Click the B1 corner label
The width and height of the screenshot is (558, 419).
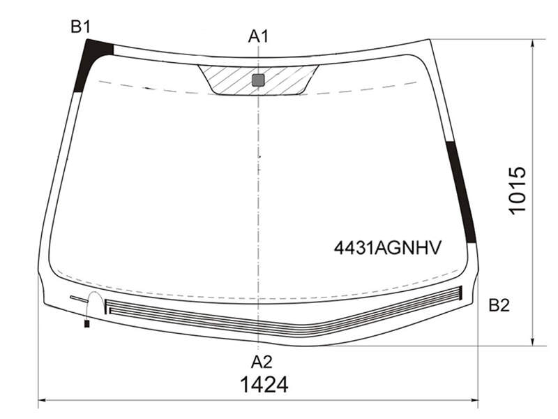click(81, 27)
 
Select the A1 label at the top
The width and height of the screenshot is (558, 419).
click(258, 36)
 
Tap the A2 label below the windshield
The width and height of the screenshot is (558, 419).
click(262, 362)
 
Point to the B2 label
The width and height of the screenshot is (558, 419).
click(499, 305)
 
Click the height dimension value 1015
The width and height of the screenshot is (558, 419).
click(517, 190)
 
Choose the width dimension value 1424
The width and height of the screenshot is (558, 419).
click(264, 385)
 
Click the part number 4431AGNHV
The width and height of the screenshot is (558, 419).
click(388, 248)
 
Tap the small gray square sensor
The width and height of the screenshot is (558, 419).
click(258, 80)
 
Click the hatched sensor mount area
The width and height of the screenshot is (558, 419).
click(258, 80)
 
